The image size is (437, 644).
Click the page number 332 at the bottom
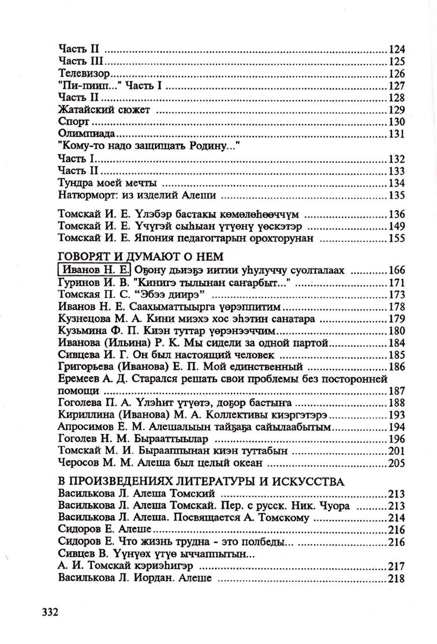pyautogui.click(x=47, y=611)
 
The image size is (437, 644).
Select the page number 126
pyautogui.click(x=397, y=74)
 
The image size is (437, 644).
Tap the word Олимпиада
pyautogui.click(x=85, y=134)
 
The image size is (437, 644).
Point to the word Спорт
pyautogui.click(x=73, y=122)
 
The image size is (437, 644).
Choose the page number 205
pyautogui.click(x=397, y=463)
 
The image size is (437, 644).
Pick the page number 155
pyautogui.click(x=397, y=237)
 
